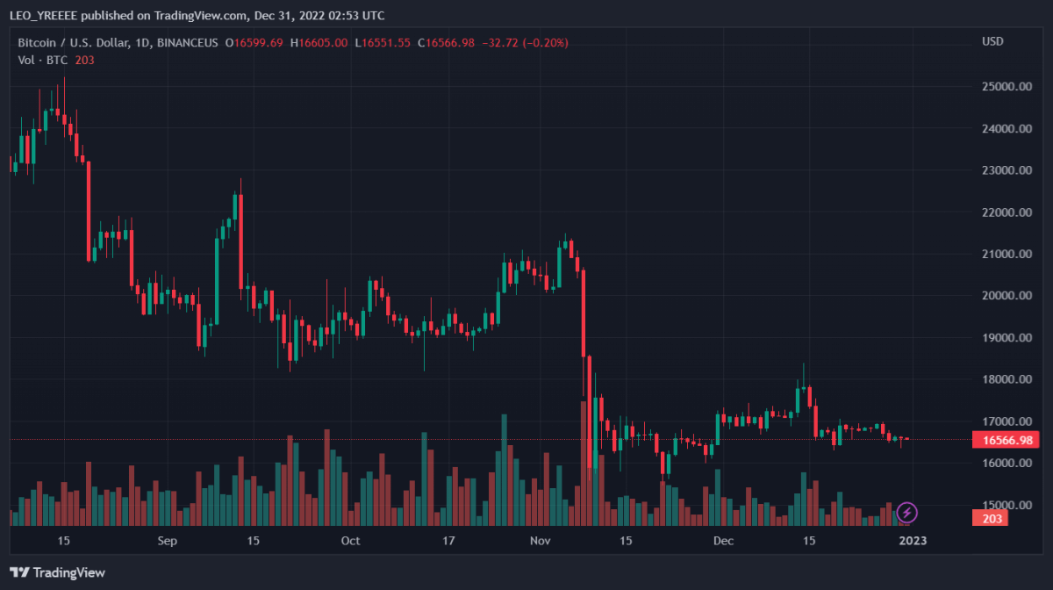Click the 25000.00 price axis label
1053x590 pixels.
pos(1005,87)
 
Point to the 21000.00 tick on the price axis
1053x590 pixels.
pos(1005,255)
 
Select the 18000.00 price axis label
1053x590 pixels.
pos(1005,380)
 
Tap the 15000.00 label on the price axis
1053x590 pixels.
pos(1005,506)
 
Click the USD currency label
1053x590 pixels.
pos(992,42)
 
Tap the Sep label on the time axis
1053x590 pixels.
pos(168,541)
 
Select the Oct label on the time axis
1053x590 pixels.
pos(350,541)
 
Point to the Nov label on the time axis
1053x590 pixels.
pos(541,541)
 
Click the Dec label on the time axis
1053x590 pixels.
pos(723,541)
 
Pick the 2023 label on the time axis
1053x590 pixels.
pos(912,541)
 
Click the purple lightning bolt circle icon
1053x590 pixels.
pos(906,511)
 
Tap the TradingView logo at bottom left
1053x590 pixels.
pos(58,572)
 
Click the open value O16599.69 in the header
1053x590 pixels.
pos(254,42)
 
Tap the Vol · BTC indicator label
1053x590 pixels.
pos(44,60)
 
